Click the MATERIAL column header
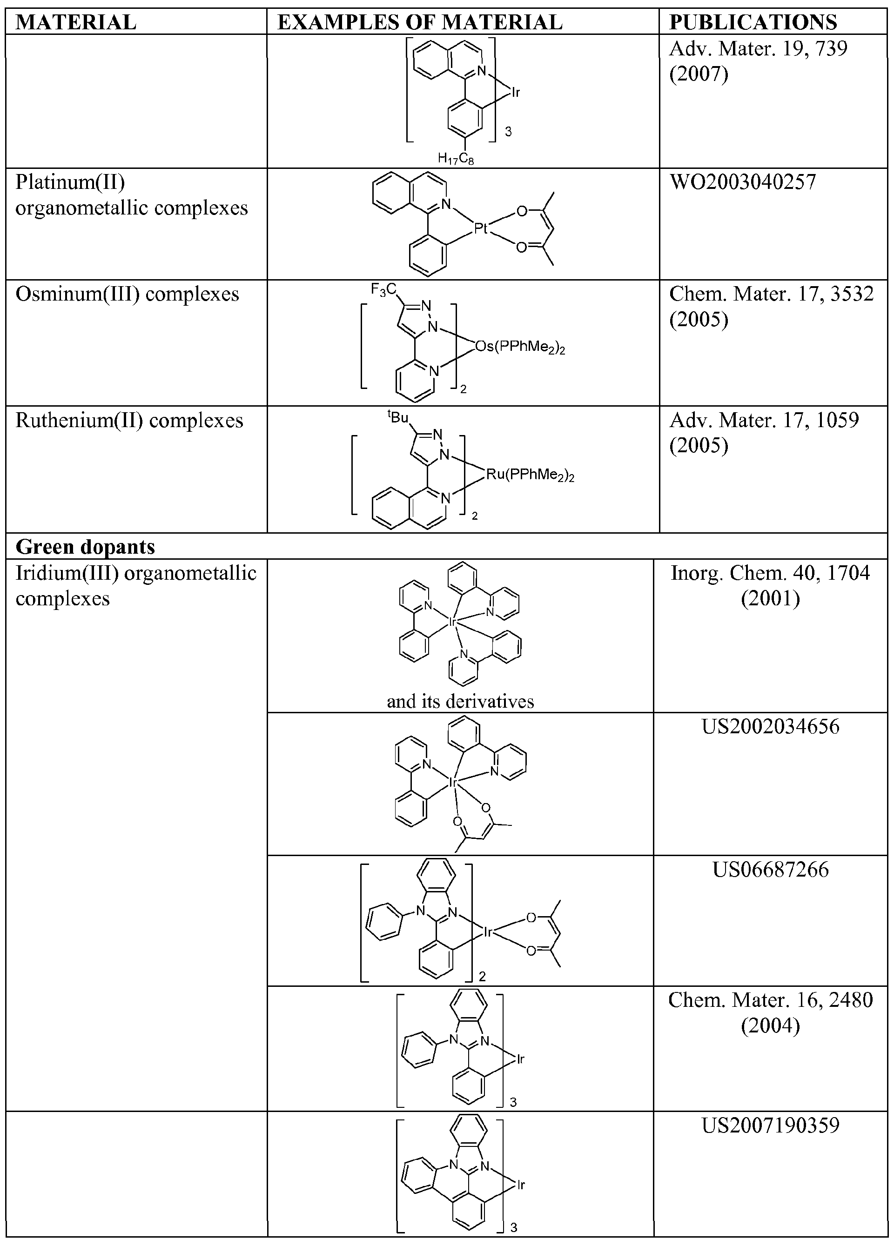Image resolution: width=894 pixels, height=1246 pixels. click(76, 22)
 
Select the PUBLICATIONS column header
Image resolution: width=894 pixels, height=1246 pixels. click(753, 22)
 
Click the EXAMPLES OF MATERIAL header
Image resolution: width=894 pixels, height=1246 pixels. click(420, 22)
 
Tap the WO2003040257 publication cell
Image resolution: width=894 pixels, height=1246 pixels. click(742, 182)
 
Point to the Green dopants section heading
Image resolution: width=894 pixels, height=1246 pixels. click(85, 547)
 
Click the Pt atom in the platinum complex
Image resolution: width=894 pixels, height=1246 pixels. click(481, 228)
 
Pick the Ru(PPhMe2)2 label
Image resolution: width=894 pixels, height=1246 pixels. click(530, 475)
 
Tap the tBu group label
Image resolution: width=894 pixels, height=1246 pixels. click(398, 417)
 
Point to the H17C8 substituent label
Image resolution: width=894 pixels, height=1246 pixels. click(456, 159)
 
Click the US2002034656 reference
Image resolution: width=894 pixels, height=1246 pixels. click(770, 726)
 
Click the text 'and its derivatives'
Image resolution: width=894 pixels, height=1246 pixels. click(460, 701)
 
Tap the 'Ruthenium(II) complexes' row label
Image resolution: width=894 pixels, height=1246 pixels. click(129, 420)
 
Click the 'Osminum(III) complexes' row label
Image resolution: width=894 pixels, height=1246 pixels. click(128, 294)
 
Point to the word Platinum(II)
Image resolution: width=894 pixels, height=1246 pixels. click(70, 182)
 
